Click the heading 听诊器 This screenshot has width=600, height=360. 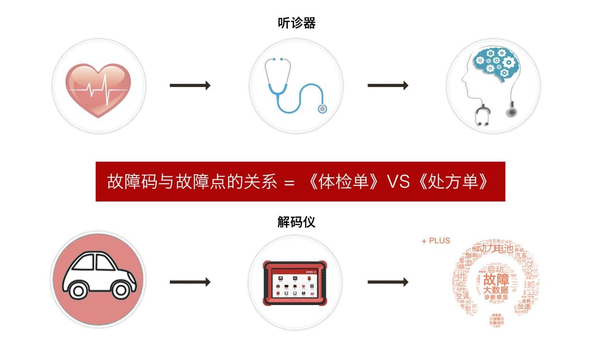coord(296,23)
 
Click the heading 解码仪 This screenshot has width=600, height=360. coord(296,222)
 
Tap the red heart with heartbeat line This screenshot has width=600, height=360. coord(99,90)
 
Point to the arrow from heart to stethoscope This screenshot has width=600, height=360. coord(190,85)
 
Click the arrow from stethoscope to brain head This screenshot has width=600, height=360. coord(388,85)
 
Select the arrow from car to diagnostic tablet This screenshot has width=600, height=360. coord(190,282)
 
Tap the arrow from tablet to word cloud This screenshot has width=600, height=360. coord(388,282)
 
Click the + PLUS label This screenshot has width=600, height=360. coord(435,241)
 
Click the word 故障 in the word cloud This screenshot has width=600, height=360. coord(496,278)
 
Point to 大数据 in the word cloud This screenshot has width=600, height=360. coord(496,289)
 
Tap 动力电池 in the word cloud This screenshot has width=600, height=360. coord(494,248)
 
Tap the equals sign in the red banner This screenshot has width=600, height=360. coord(290,183)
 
